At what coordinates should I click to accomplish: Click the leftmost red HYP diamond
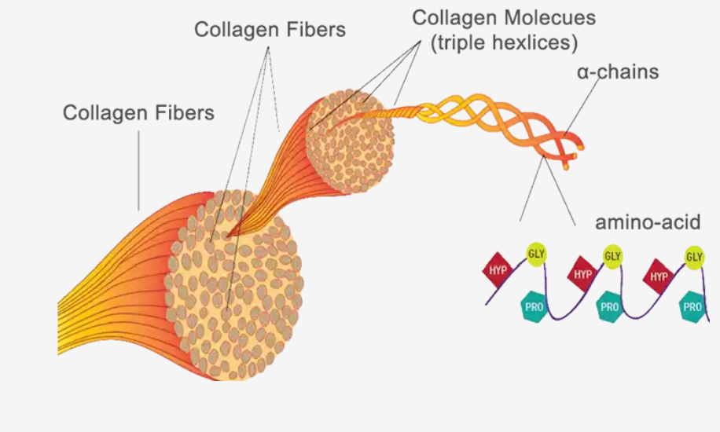click(x=498, y=270)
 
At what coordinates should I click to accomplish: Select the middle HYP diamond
click(x=582, y=274)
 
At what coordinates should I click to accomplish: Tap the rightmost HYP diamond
click(x=659, y=276)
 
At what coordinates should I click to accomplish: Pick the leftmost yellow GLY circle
click(x=536, y=254)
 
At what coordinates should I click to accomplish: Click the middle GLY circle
click(x=612, y=256)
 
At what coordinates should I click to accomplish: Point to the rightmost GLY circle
click(x=694, y=256)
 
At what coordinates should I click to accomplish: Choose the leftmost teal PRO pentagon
click(x=534, y=306)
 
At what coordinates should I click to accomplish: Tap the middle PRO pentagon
click(x=610, y=306)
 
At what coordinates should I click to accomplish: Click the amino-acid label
click(x=648, y=222)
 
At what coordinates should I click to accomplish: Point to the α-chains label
click(x=618, y=72)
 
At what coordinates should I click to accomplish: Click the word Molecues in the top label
click(x=549, y=18)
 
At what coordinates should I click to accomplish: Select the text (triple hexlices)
click(x=504, y=42)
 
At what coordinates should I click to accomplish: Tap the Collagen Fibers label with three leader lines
click(x=270, y=30)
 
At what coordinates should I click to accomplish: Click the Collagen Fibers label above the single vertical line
click(x=138, y=113)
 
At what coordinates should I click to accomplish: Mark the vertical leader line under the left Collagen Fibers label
click(x=138, y=170)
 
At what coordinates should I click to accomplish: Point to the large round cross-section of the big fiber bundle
click(x=234, y=284)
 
